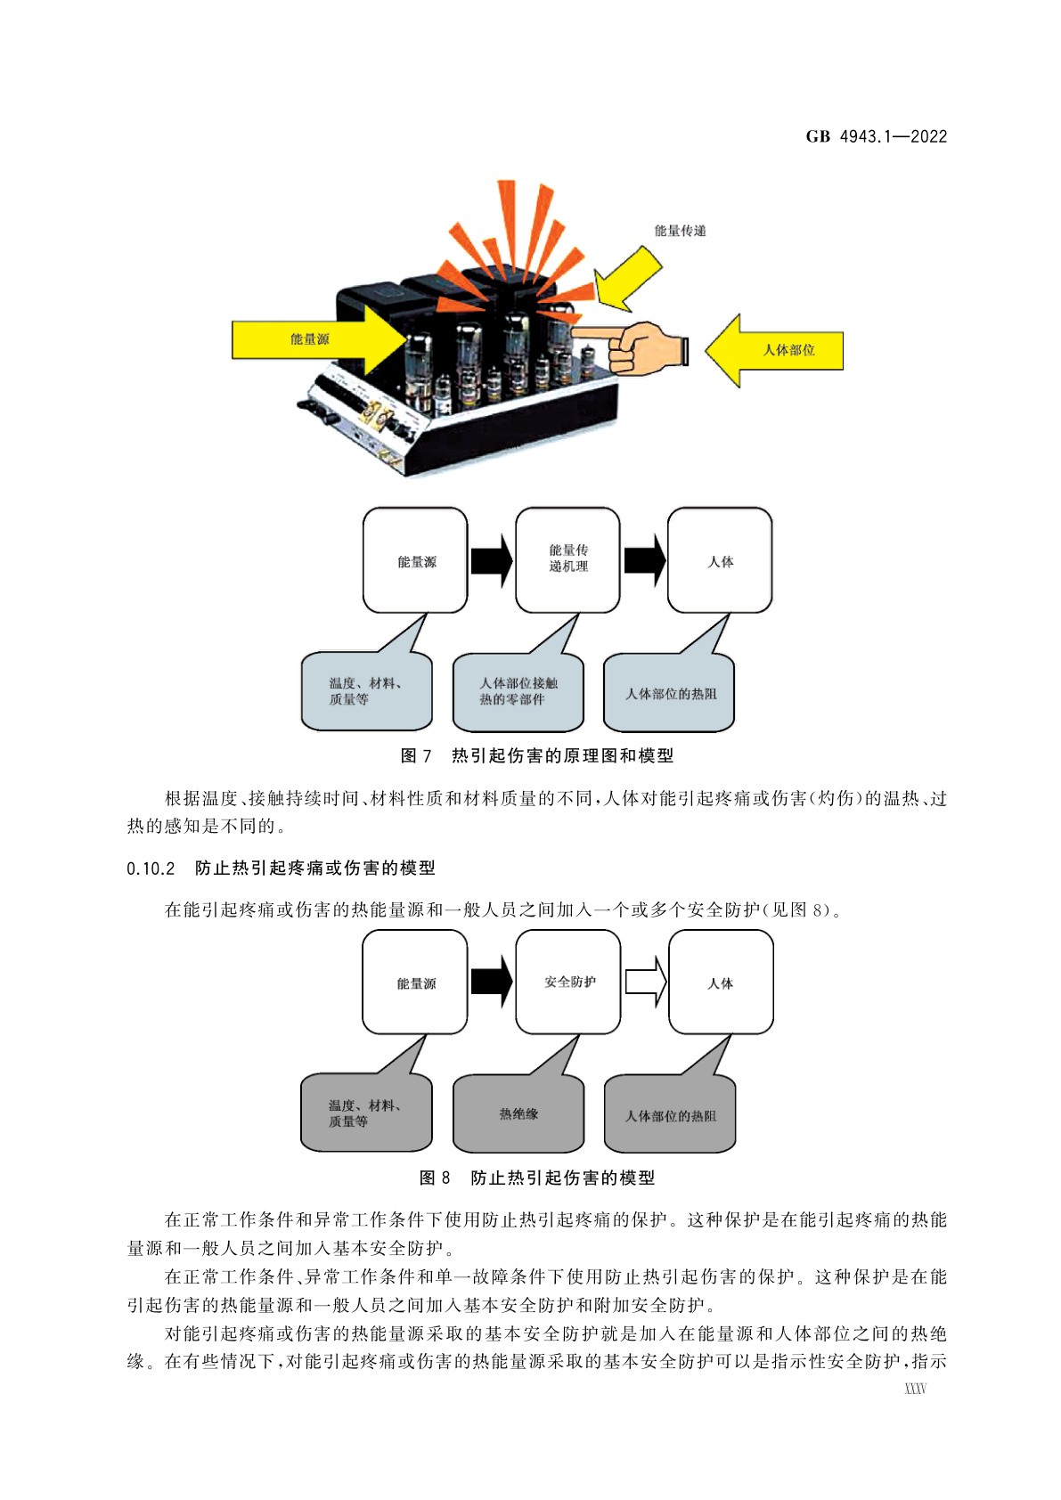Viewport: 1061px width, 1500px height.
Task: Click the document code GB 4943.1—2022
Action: coord(876,136)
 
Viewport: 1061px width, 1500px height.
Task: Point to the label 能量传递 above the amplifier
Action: coord(680,231)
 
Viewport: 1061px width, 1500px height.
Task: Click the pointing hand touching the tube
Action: coord(643,347)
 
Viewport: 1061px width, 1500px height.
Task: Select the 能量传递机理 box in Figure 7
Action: coord(567,559)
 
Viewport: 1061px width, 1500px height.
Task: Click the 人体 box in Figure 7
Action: coord(720,560)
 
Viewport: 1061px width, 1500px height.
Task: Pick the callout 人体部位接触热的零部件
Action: coord(518,692)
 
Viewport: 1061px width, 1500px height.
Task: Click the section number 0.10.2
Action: coord(151,868)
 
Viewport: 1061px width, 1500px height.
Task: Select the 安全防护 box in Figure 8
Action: coord(568,982)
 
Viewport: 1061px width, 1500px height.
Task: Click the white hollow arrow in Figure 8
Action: coord(646,982)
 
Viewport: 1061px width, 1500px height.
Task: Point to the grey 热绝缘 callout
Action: coord(518,1114)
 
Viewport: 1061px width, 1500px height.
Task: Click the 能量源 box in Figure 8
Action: coord(415,982)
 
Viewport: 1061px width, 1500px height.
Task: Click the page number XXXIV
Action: coord(915,1389)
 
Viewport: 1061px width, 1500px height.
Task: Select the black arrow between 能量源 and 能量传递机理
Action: coord(491,560)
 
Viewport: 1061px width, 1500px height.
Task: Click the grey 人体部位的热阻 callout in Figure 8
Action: coord(670,1115)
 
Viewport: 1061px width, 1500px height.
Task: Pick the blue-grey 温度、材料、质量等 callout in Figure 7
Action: coord(366,692)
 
